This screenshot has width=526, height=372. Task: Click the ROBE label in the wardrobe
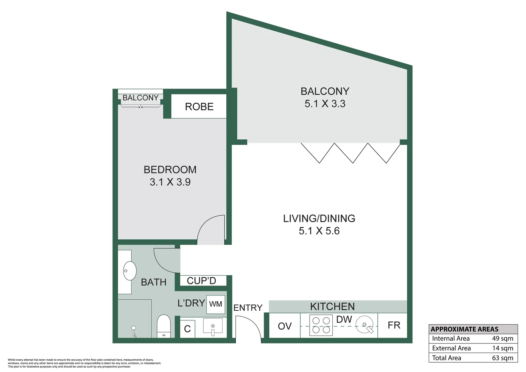pyautogui.click(x=199, y=107)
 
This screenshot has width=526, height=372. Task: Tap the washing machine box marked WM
pyautogui.click(x=216, y=304)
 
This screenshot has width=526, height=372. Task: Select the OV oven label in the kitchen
pyautogui.click(x=285, y=326)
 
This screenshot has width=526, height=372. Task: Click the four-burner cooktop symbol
pyautogui.click(x=321, y=325)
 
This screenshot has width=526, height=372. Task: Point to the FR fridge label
pyautogui.click(x=394, y=325)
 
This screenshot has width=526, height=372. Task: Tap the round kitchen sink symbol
pyautogui.click(x=364, y=325)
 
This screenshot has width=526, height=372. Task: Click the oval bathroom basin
pyautogui.click(x=130, y=271)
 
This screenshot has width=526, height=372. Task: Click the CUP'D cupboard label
pyautogui.click(x=201, y=281)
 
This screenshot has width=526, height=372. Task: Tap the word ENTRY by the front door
pyautogui.click(x=248, y=308)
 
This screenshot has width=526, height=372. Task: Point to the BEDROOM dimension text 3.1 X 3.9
pyautogui.click(x=170, y=182)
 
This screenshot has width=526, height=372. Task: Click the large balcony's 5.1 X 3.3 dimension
pyautogui.click(x=325, y=104)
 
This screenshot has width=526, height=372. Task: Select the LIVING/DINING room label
pyautogui.click(x=319, y=218)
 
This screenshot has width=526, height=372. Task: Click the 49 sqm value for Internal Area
pyautogui.click(x=502, y=339)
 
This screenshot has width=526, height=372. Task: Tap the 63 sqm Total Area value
pyautogui.click(x=502, y=358)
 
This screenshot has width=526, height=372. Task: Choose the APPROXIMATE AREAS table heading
pyautogui.click(x=464, y=329)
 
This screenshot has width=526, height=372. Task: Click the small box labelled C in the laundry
pyautogui.click(x=187, y=329)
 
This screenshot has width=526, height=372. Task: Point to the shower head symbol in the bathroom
pyautogui.click(x=133, y=329)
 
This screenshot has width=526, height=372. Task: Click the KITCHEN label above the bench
pyautogui.click(x=332, y=307)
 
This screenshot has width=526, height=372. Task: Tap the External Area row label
pyautogui.click(x=451, y=348)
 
